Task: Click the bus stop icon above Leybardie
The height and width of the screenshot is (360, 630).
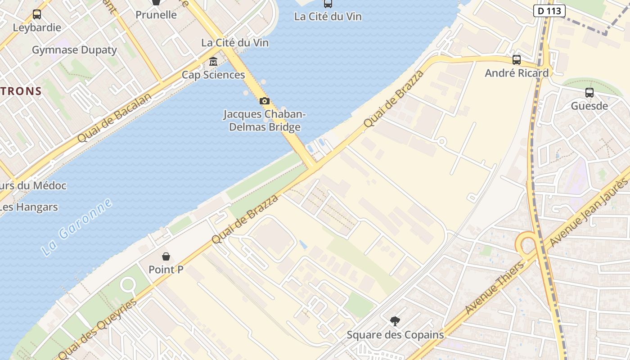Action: pyautogui.click(x=37, y=14)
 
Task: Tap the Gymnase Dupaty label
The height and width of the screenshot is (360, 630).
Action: pyautogui.click(x=74, y=50)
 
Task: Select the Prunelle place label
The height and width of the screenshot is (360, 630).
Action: pyautogui.click(x=156, y=14)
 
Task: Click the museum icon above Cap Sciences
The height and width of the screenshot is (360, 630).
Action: pyautogui.click(x=213, y=61)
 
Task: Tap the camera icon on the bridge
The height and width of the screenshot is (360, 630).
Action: pyautogui.click(x=265, y=101)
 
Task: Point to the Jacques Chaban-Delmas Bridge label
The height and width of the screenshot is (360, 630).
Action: pyautogui.click(x=265, y=121)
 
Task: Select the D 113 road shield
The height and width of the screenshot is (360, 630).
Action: pyautogui.click(x=549, y=10)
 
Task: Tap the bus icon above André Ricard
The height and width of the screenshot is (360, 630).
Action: pyautogui.click(x=517, y=59)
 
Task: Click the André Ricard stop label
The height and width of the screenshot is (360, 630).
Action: pyautogui.click(x=517, y=73)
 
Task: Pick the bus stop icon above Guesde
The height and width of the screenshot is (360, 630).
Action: pyautogui.click(x=589, y=93)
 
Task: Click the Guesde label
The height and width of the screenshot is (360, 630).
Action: pyautogui.click(x=589, y=106)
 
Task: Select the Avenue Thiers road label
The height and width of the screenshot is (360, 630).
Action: pyautogui.click(x=495, y=287)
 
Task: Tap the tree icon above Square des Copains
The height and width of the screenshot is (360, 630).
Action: pyautogui.click(x=395, y=321)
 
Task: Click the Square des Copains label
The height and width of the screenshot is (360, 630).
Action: pyautogui.click(x=395, y=335)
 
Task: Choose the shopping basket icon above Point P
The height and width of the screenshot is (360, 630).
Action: pyautogui.click(x=166, y=256)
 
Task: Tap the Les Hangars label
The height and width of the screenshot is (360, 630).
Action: pyautogui.click(x=29, y=207)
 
